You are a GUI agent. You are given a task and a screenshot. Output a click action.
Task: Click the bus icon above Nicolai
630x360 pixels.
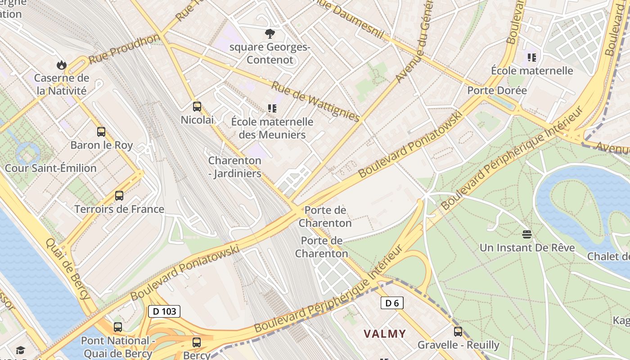(x=197, y=107)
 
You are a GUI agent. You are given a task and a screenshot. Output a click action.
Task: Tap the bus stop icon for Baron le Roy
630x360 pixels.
(x=101, y=132)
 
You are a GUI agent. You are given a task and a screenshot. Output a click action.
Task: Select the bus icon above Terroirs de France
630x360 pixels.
(x=119, y=196)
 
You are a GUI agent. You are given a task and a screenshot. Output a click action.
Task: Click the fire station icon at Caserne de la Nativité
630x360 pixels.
(x=62, y=65)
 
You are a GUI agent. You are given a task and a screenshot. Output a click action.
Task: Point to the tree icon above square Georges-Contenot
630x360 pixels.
(x=270, y=33)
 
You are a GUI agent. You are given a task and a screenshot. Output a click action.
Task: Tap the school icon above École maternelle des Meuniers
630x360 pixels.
(x=272, y=108)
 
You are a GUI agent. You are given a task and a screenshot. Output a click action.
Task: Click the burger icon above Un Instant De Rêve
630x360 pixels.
(x=527, y=234)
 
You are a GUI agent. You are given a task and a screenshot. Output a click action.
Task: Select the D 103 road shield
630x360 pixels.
(x=164, y=311)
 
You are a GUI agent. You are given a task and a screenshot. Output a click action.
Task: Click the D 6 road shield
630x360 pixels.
(x=392, y=303)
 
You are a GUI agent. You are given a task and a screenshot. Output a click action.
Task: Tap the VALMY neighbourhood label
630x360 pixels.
(x=385, y=334)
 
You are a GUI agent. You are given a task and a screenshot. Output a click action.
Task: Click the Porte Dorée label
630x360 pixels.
(x=497, y=90)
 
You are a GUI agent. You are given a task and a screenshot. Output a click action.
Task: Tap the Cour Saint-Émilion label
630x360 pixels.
(x=50, y=168)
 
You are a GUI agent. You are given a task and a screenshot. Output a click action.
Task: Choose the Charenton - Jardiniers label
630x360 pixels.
(x=234, y=167)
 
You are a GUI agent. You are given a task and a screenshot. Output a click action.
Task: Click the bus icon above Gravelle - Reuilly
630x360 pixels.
(x=458, y=332)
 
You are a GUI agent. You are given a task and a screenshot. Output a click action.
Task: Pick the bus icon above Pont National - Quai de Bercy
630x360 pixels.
(x=118, y=327)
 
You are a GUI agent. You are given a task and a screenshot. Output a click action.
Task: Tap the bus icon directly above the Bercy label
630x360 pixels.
(x=197, y=342)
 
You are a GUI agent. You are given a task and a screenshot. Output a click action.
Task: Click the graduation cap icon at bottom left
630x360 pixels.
(x=20, y=351)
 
